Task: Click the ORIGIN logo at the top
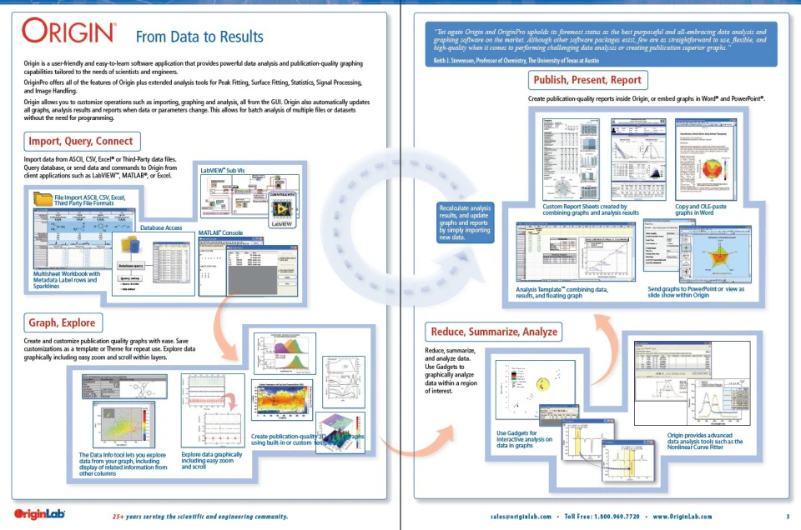click(x=68, y=32)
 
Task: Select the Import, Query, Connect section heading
click(x=80, y=140)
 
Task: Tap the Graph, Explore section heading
click(x=62, y=322)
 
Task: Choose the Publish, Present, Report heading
click(x=587, y=80)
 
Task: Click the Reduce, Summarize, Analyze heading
click(x=493, y=331)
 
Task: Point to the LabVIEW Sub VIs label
click(x=223, y=169)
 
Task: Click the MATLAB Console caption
click(x=220, y=232)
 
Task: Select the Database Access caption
click(x=161, y=227)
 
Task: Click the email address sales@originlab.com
click(x=526, y=517)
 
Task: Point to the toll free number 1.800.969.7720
click(x=614, y=517)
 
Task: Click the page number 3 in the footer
click(x=787, y=517)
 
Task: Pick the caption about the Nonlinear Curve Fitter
click(x=705, y=442)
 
